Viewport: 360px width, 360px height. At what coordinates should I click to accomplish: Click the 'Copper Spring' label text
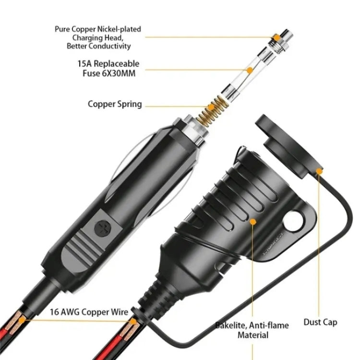(115, 104)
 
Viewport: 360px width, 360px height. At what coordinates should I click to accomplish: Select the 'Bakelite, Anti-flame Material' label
(252, 330)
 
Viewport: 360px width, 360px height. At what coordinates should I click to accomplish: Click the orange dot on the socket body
(253, 222)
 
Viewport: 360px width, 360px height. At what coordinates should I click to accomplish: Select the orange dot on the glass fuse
(249, 70)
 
